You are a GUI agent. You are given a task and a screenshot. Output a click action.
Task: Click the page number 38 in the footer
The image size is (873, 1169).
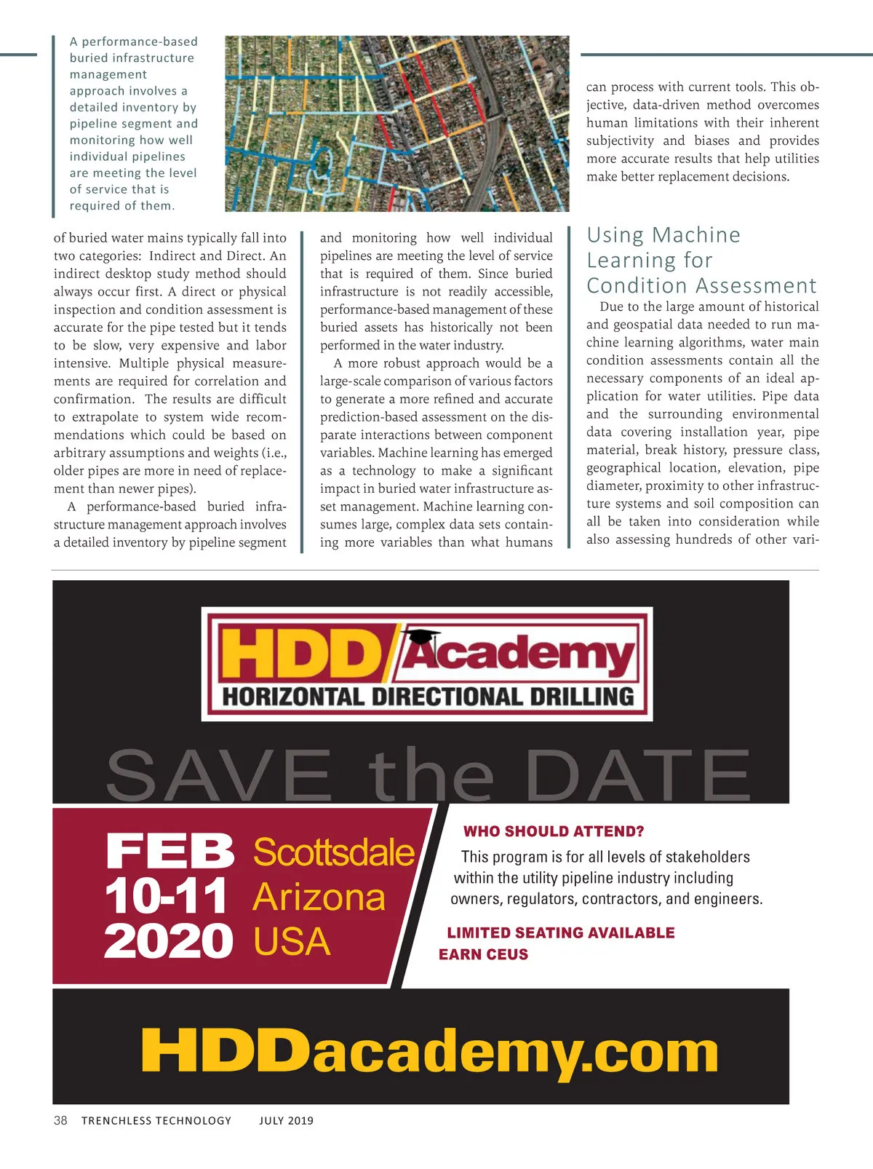pyautogui.click(x=60, y=1120)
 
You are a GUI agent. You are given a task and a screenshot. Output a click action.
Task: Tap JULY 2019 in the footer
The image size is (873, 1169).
pyautogui.click(x=286, y=1121)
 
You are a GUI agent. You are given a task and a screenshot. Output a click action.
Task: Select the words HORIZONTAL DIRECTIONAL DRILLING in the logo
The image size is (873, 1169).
pyautogui.click(x=428, y=697)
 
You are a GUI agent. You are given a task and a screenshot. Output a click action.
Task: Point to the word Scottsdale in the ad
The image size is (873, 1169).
pyautogui.click(x=333, y=852)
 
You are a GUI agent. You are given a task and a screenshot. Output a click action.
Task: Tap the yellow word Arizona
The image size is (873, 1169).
pyautogui.click(x=319, y=897)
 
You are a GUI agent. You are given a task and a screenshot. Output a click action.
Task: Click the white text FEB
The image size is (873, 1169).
pyautogui.click(x=170, y=852)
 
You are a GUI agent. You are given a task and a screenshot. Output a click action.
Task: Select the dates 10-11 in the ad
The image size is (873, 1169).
pyautogui.click(x=166, y=896)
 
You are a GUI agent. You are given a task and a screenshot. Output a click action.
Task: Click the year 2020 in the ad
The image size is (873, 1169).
pyautogui.click(x=168, y=941)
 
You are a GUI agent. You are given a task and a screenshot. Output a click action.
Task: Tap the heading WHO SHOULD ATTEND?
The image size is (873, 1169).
pyautogui.click(x=554, y=831)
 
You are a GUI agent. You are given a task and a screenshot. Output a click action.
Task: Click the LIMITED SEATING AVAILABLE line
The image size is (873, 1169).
pyautogui.click(x=560, y=932)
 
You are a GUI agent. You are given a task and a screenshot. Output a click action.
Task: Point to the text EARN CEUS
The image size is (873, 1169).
pyautogui.click(x=483, y=954)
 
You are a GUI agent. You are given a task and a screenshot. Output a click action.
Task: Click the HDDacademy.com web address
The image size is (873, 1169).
pyautogui.click(x=429, y=1051)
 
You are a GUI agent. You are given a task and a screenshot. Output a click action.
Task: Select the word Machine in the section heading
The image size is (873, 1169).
pyautogui.click(x=696, y=235)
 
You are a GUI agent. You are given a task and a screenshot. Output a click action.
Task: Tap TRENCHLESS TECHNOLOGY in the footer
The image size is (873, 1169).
pyautogui.click(x=156, y=1121)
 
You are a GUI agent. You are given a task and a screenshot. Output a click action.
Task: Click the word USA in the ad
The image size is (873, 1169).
pyautogui.click(x=292, y=942)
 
